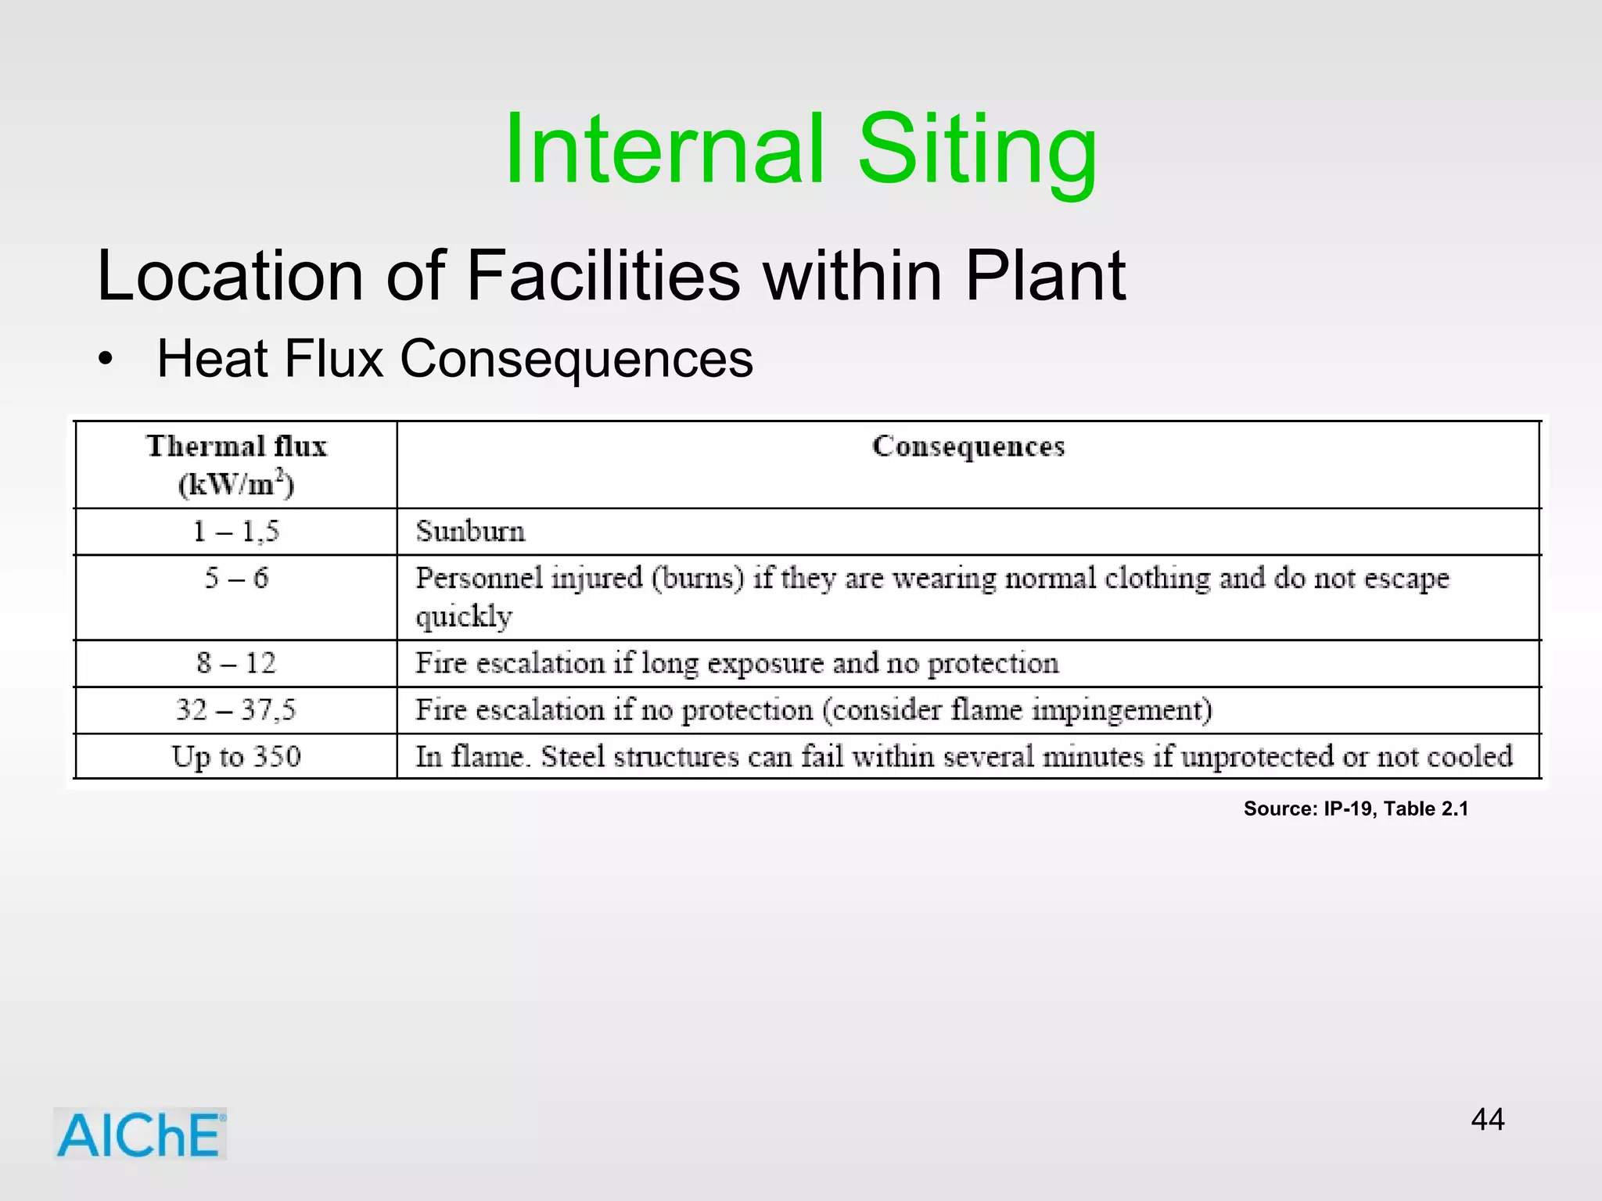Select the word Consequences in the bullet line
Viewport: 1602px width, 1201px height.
[577, 359]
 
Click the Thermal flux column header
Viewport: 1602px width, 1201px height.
[236, 464]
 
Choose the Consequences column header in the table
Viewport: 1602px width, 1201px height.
[968, 446]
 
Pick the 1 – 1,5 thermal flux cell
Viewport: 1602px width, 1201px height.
[236, 532]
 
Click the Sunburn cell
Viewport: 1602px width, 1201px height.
[471, 532]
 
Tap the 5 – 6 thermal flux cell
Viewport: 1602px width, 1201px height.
[236, 579]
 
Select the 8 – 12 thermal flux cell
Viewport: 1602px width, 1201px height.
[236, 663]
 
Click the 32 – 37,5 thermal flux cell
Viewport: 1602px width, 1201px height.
[236, 710]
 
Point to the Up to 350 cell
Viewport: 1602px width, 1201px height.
[236, 756]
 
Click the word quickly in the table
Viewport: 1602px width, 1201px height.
[464, 617]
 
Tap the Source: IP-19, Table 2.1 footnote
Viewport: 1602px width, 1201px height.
[1356, 808]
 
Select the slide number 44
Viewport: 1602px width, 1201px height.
[1487, 1120]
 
